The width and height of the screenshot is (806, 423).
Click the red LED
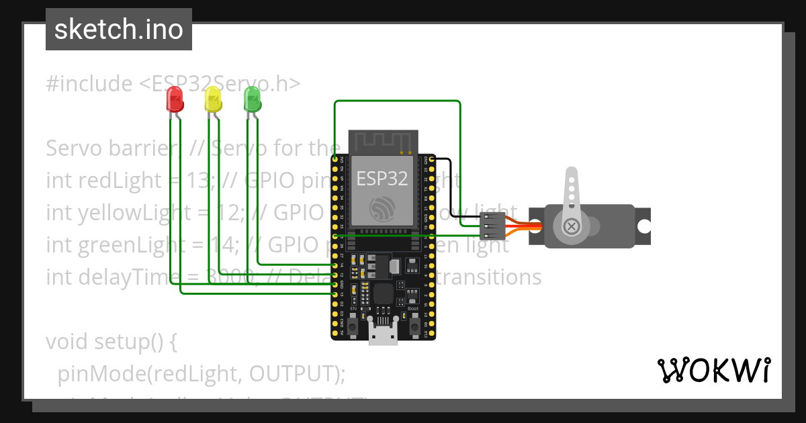[175, 99]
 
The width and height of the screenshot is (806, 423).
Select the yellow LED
[213, 99]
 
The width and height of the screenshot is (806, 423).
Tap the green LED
[253, 99]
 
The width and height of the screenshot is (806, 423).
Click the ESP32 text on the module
[382, 179]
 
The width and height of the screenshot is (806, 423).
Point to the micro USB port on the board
[383, 334]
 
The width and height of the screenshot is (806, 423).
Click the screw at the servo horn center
[572, 226]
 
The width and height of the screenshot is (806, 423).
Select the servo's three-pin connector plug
[492, 226]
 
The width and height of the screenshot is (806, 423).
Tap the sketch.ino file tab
[119, 30]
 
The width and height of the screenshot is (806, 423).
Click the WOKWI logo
[713, 370]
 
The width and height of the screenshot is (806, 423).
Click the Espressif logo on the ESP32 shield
[382, 209]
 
